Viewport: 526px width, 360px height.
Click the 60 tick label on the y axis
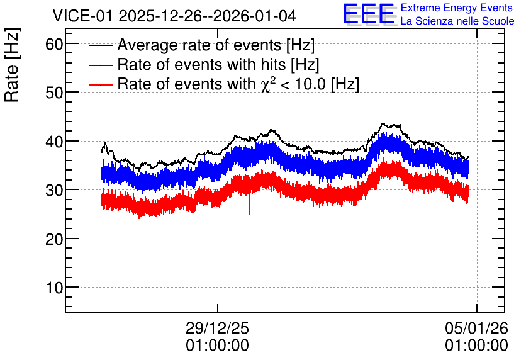pyautogui.click(x=54, y=44)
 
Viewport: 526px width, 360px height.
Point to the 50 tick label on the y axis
pyautogui.click(x=54, y=93)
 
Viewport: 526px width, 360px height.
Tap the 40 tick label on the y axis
pyautogui.click(x=54, y=142)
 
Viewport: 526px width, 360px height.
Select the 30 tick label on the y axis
pyautogui.click(x=54, y=190)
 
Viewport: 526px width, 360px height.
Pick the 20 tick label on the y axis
pyautogui.click(x=54, y=239)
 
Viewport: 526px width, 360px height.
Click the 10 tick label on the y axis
pyautogui.click(x=54, y=288)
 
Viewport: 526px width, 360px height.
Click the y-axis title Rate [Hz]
pyautogui.click(x=12, y=65)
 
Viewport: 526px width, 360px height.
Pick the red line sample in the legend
pyautogui.click(x=101, y=84)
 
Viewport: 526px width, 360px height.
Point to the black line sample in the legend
pyautogui.click(x=101, y=45)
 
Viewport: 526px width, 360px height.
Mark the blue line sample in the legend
pyautogui.click(x=101, y=65)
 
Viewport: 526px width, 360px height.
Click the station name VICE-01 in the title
pyautogui.click(x=82, y=16)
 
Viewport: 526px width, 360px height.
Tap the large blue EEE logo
pyautogui.click(x=369, y=14)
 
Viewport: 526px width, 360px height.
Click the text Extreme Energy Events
pyautogui.click(x=457, y=8)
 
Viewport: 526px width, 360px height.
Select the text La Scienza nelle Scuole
pyautogui.click(x=457, y=21)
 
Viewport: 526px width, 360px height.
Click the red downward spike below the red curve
pyautogui.click(x=250, y=204)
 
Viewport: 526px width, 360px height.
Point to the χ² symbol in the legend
pyautogui.click(x=266, y=84)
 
